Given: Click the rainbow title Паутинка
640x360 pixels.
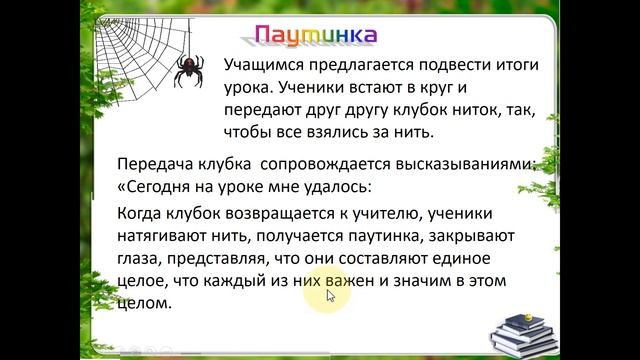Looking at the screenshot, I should pyautogui.click(x=315, y=37).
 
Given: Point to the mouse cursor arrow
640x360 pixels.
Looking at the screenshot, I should pyautogui.click(x=331, y=298).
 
